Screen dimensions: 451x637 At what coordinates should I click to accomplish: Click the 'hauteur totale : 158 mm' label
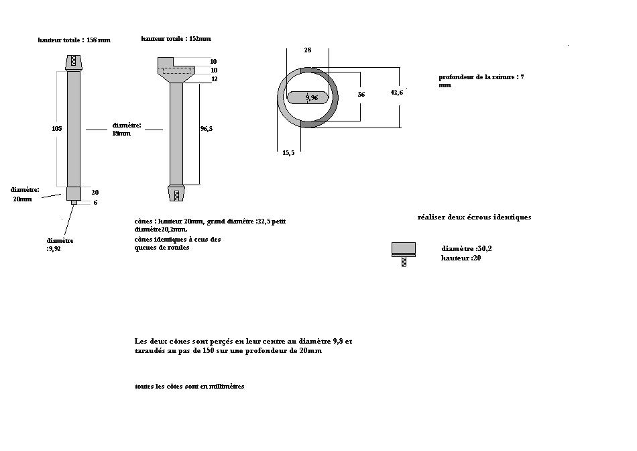pos(74,40)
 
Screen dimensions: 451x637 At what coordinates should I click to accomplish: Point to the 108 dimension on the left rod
pos(57,128)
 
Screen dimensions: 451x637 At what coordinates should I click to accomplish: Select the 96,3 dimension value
pos(207,129)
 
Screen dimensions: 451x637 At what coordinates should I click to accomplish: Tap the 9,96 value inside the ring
pos(311,98)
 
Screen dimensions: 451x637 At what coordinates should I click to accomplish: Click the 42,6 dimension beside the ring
pos(396,92)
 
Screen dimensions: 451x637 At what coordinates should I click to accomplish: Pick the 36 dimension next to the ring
pos(361,95)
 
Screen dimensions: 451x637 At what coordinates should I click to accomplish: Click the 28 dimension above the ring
pos(307,50)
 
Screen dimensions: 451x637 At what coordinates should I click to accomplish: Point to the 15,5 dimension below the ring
pos(288,153)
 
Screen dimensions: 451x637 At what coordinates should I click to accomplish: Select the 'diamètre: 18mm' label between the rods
pos(126,129)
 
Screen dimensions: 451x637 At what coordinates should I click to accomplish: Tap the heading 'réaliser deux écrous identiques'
pos(474,217)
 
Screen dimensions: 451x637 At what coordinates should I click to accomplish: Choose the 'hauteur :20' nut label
pos(461,258)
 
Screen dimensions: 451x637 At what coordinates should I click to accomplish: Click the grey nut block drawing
pos(404,248)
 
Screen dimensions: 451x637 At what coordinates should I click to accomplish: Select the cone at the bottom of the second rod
pos(176,193)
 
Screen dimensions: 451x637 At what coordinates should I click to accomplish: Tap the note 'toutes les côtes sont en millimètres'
pos(189,387)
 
